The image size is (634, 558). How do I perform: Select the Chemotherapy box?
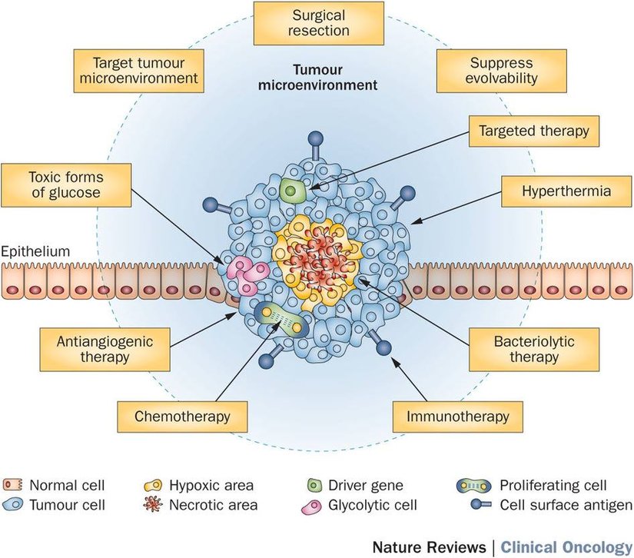[173, 417]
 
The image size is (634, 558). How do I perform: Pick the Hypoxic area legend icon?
[154, 486]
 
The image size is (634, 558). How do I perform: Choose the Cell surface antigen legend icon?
[473, 505]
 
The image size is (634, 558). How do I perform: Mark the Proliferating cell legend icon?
[473, 486]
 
